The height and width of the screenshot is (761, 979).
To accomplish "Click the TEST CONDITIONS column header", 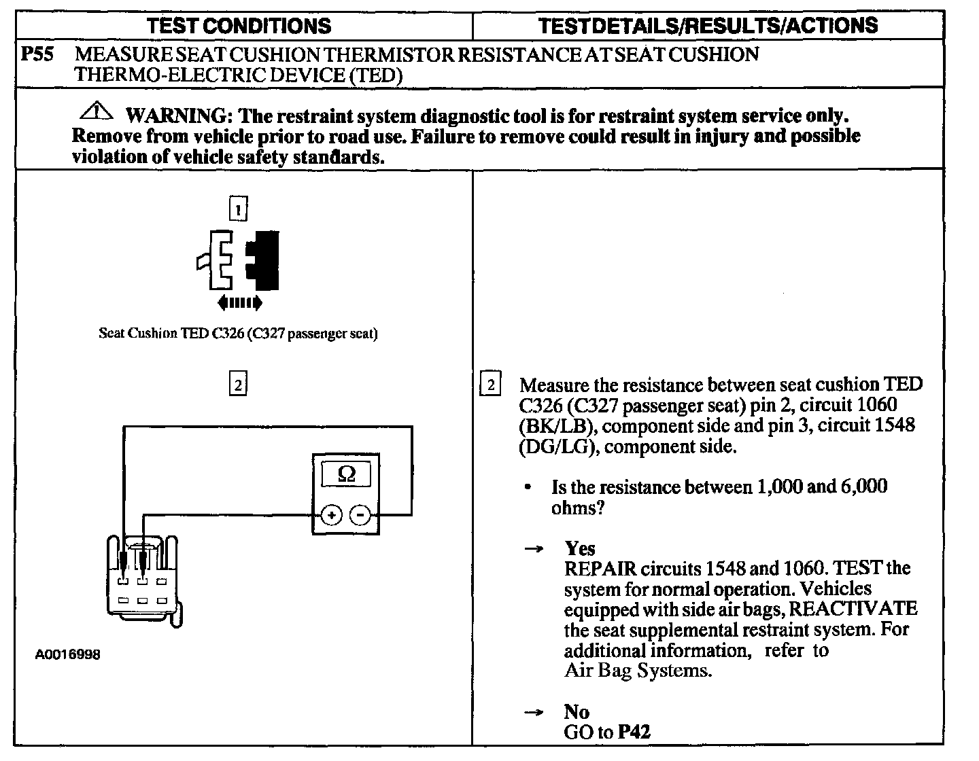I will (239, 26).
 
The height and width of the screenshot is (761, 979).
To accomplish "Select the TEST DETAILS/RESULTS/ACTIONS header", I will (708, 26).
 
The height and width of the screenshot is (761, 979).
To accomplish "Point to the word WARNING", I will (176, 115).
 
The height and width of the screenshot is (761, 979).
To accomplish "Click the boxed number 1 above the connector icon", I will (238, 209).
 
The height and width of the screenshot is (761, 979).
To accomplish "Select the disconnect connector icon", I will (239, 260).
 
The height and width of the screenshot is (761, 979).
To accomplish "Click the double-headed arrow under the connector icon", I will (238, 302).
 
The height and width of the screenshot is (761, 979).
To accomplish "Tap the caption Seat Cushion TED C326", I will (238, 334).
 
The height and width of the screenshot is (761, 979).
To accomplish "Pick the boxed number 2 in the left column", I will (238, 385).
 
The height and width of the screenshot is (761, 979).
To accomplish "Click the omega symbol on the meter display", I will (346, 474).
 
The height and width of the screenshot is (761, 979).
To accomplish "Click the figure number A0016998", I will (68, 655).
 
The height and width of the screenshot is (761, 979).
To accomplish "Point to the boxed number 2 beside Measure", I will (491, 385).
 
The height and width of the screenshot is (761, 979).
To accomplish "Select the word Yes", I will (579, 548).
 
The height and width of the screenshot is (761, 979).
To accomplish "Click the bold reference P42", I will (634, 732).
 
